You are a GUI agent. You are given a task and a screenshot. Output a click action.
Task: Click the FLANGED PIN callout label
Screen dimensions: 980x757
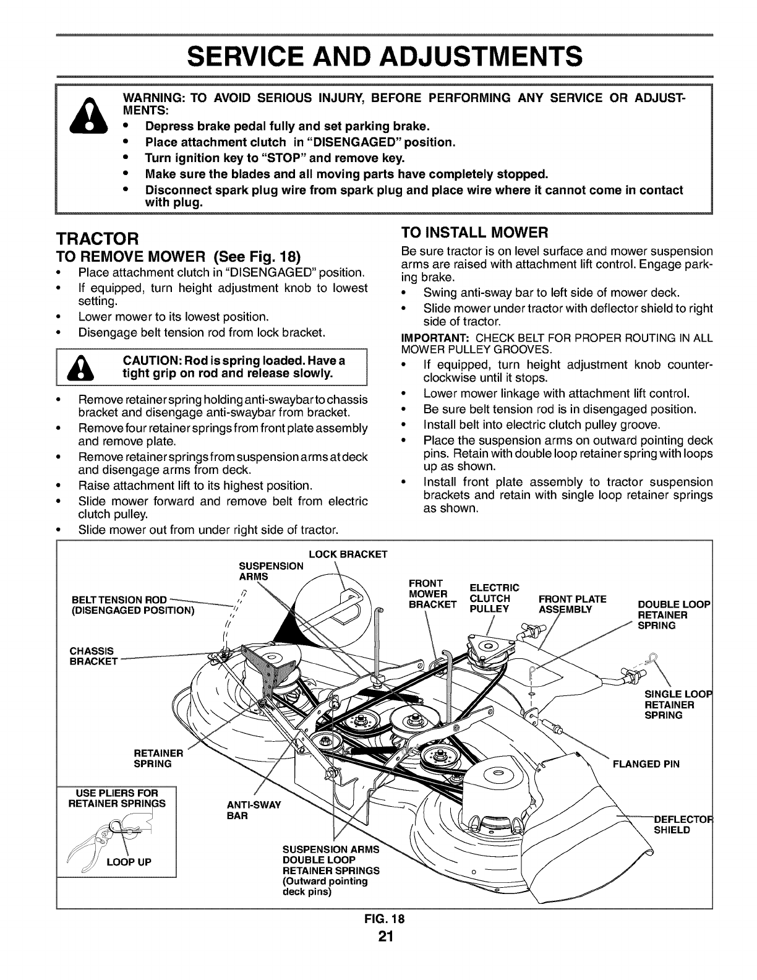tap(646, 763)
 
